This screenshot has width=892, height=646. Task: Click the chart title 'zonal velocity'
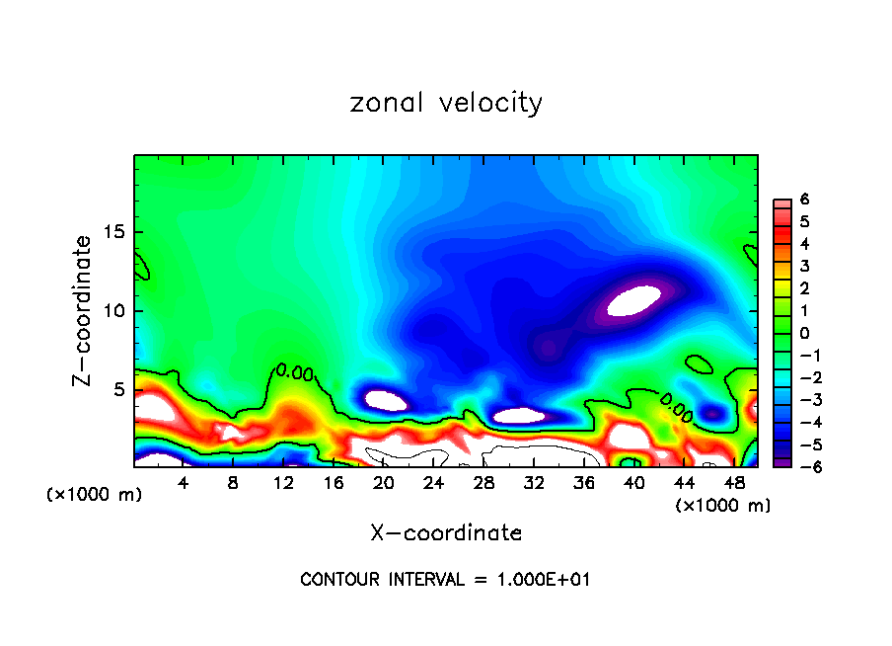point(446,103)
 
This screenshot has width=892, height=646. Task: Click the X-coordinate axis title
point(446,533)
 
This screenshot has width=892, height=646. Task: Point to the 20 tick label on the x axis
point(384,483)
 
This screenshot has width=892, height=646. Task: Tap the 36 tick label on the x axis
point(584,483)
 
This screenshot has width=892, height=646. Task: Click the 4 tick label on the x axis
point(184,483)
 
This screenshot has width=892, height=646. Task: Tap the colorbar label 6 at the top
point(805,200)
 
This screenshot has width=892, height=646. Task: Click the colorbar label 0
point(805,333)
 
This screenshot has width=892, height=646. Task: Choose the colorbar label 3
point(805,266)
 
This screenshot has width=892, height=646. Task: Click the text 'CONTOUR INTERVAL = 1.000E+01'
point(445,580)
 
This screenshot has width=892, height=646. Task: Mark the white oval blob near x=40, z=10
point(632,299)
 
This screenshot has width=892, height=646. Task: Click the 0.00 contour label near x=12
point(295,372)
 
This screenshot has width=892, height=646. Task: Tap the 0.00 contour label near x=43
point(676,403)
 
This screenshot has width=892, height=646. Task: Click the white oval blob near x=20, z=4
point(386,400)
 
